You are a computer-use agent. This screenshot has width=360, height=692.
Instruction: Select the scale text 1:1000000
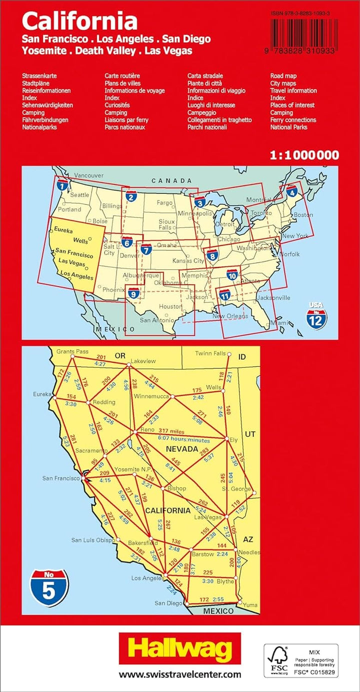pyautogui.click(x=304, y=155)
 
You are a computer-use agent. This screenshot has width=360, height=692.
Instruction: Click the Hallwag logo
pyautogui.click(x=179, y=649)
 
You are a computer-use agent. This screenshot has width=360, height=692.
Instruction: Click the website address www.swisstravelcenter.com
pyautogui.click(x=179, y=674)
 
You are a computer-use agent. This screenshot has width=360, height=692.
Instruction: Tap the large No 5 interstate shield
pyautogui.click(x=49, y=588)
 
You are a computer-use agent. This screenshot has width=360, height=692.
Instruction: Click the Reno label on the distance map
pyautogui.click(x=146, y=430)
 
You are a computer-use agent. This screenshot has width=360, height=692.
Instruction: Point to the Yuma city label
pyautogui.click(x=250, y=605)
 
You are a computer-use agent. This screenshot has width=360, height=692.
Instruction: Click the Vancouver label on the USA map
pyautogui.click(x=89, y=175)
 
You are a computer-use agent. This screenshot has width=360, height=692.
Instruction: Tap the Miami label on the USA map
pyautogui.click(x=278, y=323)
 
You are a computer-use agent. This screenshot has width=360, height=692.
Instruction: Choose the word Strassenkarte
pyautogui.click(x=39, y=76)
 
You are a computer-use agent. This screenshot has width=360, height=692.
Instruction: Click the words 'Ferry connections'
pyautogui.click(x=293, y=120)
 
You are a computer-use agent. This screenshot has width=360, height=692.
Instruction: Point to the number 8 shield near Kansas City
pyautogui.click(x=212, y=255)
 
